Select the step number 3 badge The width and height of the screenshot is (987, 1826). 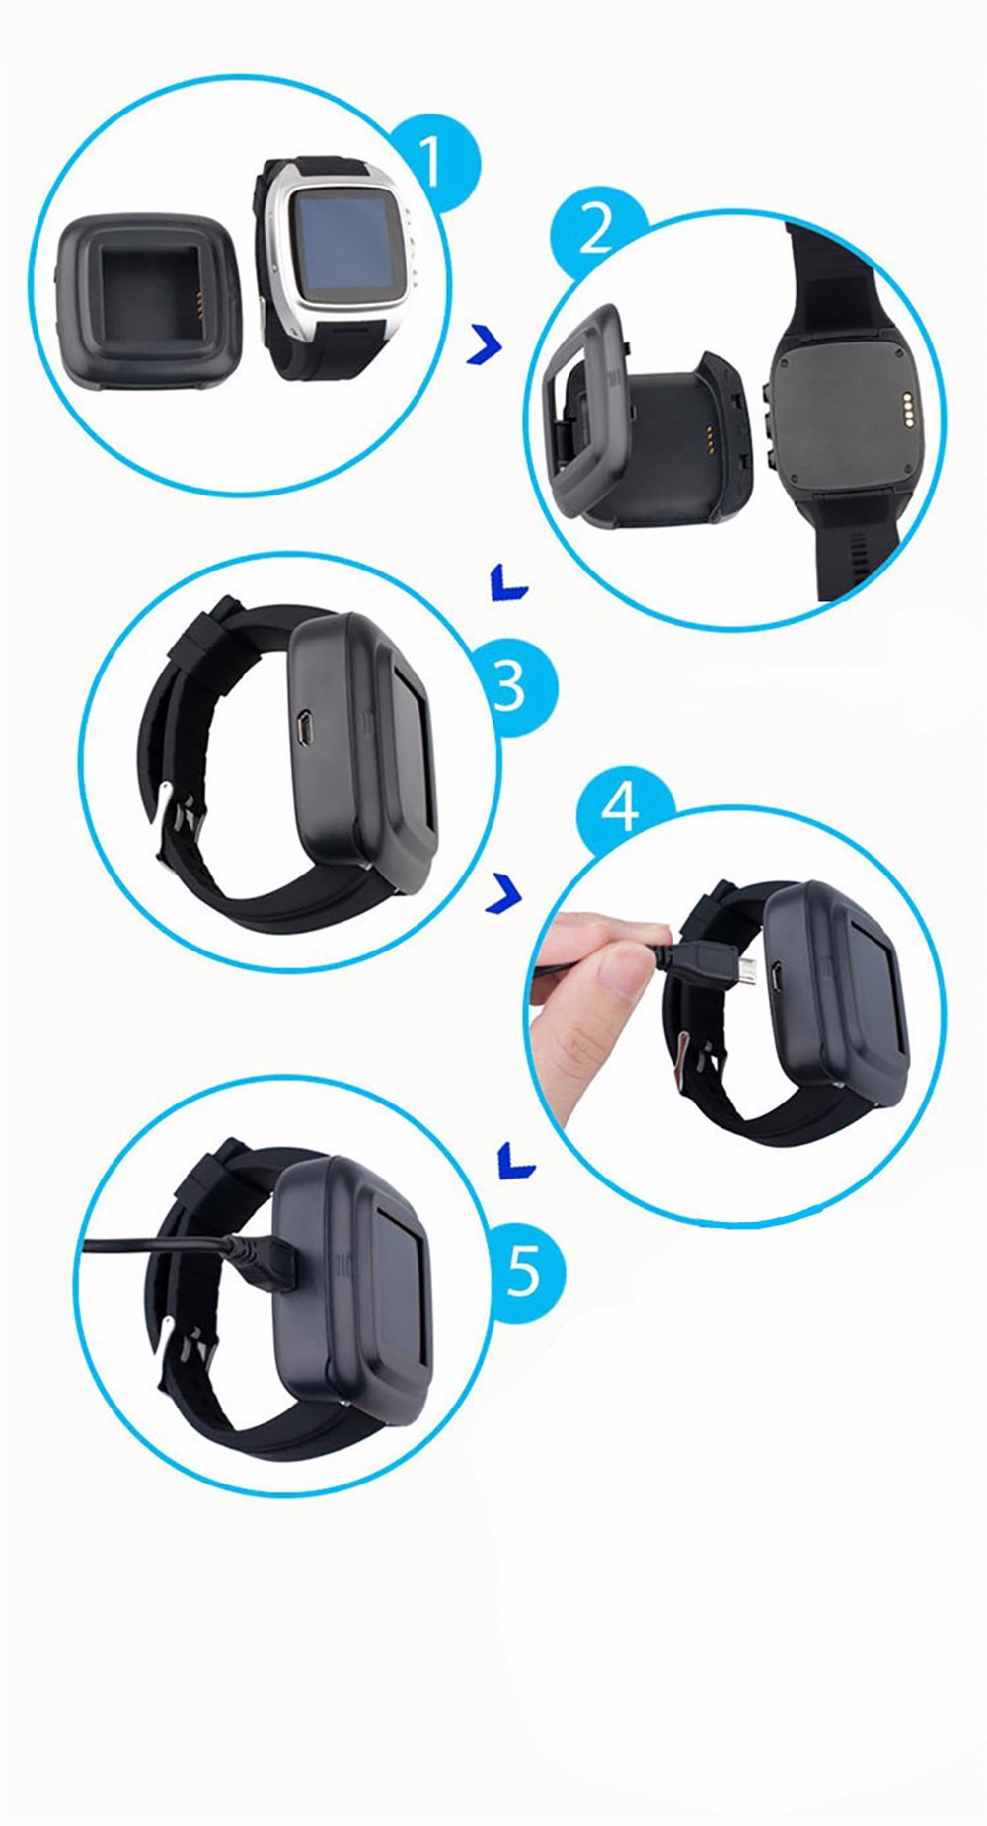(510, 686)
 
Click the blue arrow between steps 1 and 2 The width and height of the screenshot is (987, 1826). (485, 344)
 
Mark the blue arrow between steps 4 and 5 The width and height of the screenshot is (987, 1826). (516, 1161)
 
